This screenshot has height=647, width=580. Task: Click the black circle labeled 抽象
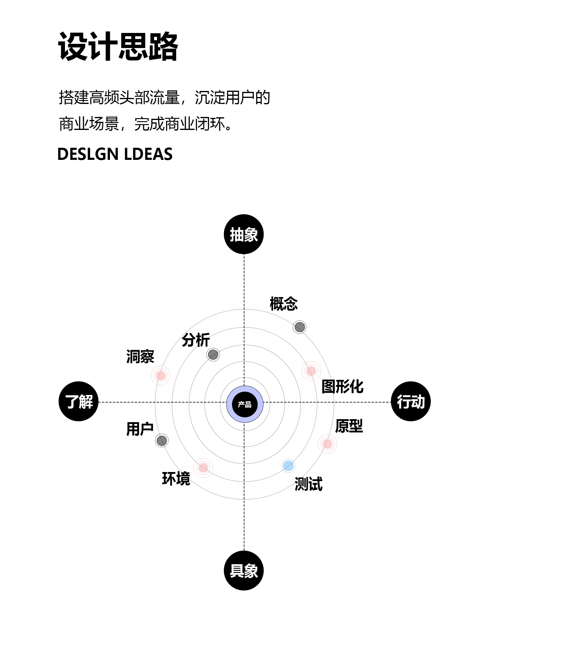(x=244, y=234)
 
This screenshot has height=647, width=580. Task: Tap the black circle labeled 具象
(x=244, y=571)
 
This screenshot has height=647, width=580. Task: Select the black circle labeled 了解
(x=79, y=401)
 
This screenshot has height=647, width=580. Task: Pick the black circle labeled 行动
(x=411, y=401)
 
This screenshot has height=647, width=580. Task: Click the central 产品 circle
(x=245, y=404)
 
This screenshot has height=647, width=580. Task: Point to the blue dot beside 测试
(x=288, y=466)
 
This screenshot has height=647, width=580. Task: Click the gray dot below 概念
(x=300, y=327)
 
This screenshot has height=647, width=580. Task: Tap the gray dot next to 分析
(x=213, y=354)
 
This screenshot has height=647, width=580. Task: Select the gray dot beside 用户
(x=162, y=441)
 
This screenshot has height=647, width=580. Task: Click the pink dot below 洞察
(x=161, y=375)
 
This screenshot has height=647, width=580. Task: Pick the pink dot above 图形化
(x=311, y=371)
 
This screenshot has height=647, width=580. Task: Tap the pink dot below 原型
(x=327, y=444)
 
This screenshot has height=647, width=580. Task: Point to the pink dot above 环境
(x=203, y=468)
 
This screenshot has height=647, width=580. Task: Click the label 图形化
(x=342, y=387)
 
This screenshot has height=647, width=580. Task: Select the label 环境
(x=176, y=478)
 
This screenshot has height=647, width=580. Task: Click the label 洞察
(x=140, y=356)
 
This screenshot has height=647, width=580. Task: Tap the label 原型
(x=349, y=426)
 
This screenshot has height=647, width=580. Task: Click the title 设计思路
(x=118, y=47)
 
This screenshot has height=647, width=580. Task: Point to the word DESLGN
(x=88, y=154)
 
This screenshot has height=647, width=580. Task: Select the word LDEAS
(x=148, y=154)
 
